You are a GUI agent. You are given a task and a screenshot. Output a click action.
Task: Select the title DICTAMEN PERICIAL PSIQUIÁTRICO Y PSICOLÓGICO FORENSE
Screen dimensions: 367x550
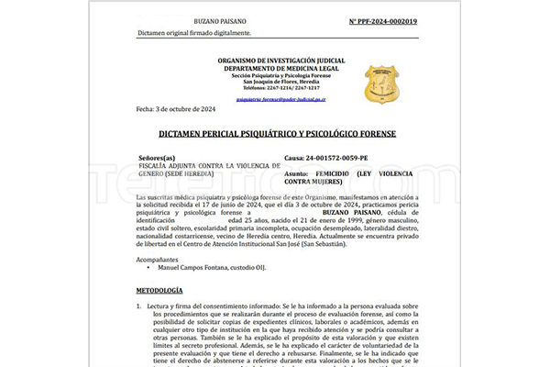pos(276,134)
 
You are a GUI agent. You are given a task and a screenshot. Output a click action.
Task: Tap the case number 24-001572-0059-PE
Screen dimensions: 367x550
pos(338,157)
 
